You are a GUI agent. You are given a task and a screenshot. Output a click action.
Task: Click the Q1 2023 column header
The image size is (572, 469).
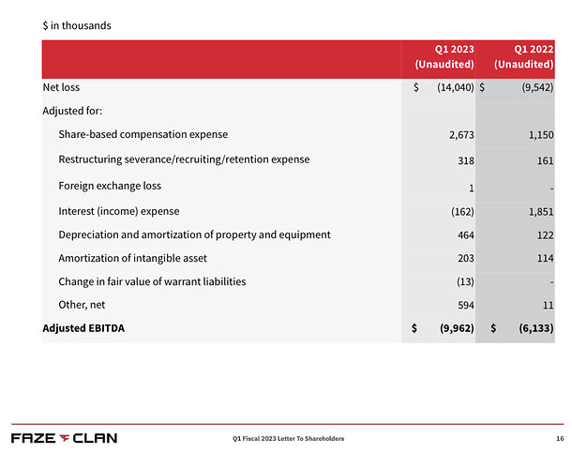(444, 57)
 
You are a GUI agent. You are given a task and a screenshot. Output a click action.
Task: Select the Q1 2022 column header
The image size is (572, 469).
(524, 57)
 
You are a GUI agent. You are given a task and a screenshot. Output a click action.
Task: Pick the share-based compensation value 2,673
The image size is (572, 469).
(461, 135)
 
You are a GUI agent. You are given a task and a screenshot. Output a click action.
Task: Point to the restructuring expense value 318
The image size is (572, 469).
(466, 160)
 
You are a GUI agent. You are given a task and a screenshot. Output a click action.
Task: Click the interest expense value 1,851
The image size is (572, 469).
(541, 212)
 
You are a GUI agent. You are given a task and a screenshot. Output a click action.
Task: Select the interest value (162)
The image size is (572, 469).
(462, 212)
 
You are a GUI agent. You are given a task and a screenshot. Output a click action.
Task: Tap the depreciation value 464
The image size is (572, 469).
(466, 235)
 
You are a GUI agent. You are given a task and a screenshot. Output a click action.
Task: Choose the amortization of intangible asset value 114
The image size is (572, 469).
(546, 258)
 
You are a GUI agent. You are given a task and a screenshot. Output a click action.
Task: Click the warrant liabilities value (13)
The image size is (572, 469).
(465, 281)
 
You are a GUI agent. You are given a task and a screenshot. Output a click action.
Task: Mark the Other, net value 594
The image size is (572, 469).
(466, 305)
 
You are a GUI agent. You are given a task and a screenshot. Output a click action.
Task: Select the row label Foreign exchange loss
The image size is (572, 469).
(110, 186)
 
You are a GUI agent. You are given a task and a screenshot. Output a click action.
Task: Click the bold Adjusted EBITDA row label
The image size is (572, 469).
(83, 328)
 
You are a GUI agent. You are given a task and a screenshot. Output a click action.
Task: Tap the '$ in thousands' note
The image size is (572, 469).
(77, 25)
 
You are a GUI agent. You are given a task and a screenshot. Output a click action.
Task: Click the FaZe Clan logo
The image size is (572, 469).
(64, 438)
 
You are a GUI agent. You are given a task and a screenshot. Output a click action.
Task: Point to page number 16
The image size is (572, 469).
(560, 439)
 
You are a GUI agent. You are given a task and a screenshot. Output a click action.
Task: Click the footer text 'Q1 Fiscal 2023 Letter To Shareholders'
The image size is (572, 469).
(288, 439)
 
